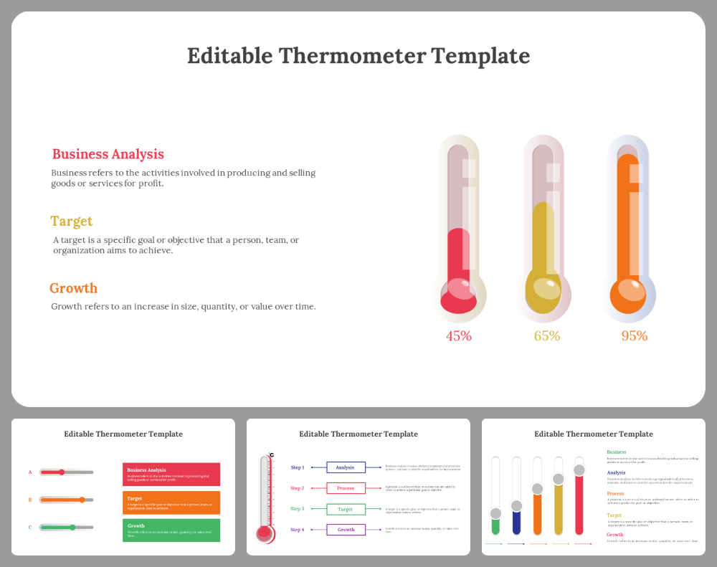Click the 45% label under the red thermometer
(458, 335)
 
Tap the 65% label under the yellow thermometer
(546, 335)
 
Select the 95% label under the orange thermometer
(634, 335)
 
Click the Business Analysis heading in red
(108, 154)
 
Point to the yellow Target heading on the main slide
(71, 221)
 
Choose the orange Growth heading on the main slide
(73, 288)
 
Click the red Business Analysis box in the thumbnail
(171, 474)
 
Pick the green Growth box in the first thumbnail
(171, 530)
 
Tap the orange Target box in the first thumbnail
(171, 502)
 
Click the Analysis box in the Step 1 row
(346, 467)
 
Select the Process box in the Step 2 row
(346, 488)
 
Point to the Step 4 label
(297, 530)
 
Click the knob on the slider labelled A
(62, 472)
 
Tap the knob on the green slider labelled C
(72, 527)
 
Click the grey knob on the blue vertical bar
(516, 506)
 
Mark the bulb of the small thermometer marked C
(265, 533)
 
